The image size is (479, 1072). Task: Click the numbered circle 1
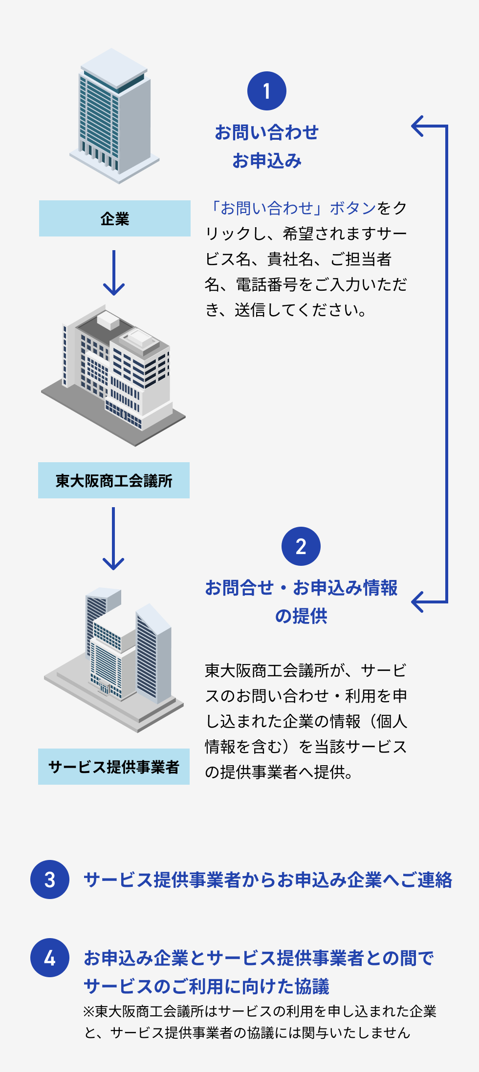(x=266, y=91)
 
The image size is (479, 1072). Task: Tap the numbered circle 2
(x=301, y=546)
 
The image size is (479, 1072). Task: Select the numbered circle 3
(x=50, y=879)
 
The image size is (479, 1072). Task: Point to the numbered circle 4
(x=50, y=958)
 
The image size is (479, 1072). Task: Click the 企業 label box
(x=115, y=218)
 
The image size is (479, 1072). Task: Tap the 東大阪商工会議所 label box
(x=114, y=480)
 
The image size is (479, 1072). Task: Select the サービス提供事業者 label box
(x=114, y=767)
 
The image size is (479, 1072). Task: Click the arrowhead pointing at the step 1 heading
(x=418, y=126)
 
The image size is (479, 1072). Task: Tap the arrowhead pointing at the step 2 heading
(x=418, y=601)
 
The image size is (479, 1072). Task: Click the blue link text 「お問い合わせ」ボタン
(x=290, y=208)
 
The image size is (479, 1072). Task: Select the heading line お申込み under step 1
(x=267, y=160)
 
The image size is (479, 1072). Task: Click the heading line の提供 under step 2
(x=301, y=616)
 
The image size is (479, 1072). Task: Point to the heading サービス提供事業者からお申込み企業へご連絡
(x=268, y=879)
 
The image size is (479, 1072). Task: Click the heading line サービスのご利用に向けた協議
(x=206, y=986)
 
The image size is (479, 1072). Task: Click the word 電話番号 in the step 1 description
(x=267, y=284)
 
